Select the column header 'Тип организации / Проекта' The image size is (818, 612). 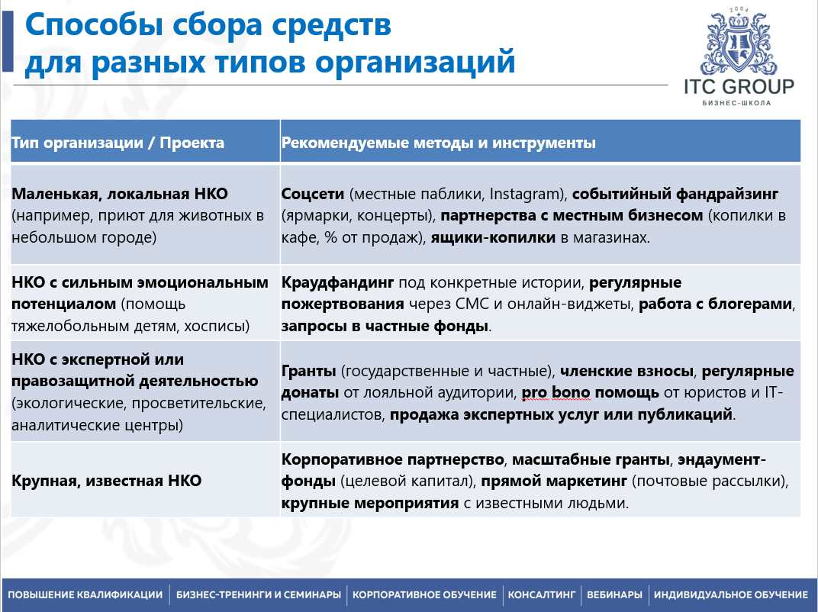pyautogui.click(x=118, y=143)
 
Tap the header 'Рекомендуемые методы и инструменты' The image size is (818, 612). pyautogui.click(x=439, y=143)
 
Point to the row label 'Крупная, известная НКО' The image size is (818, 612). pyautogui.click(x=107, y=481)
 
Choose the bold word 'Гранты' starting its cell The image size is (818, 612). pyautogui.click(x=309, y=372)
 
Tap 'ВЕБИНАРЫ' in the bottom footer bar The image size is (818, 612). pyautogui.click(x=614, y=594)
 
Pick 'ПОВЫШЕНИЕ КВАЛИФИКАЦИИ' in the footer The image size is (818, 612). pyautogui.click(x=85, y=594)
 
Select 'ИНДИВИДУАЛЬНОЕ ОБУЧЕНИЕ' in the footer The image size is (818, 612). pyautogui.click(x=730, y=594)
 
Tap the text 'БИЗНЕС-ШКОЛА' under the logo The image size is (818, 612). pyautogui.click(x=738, y=102)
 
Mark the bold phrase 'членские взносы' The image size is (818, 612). pyautogui.click(x=627, y=372)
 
